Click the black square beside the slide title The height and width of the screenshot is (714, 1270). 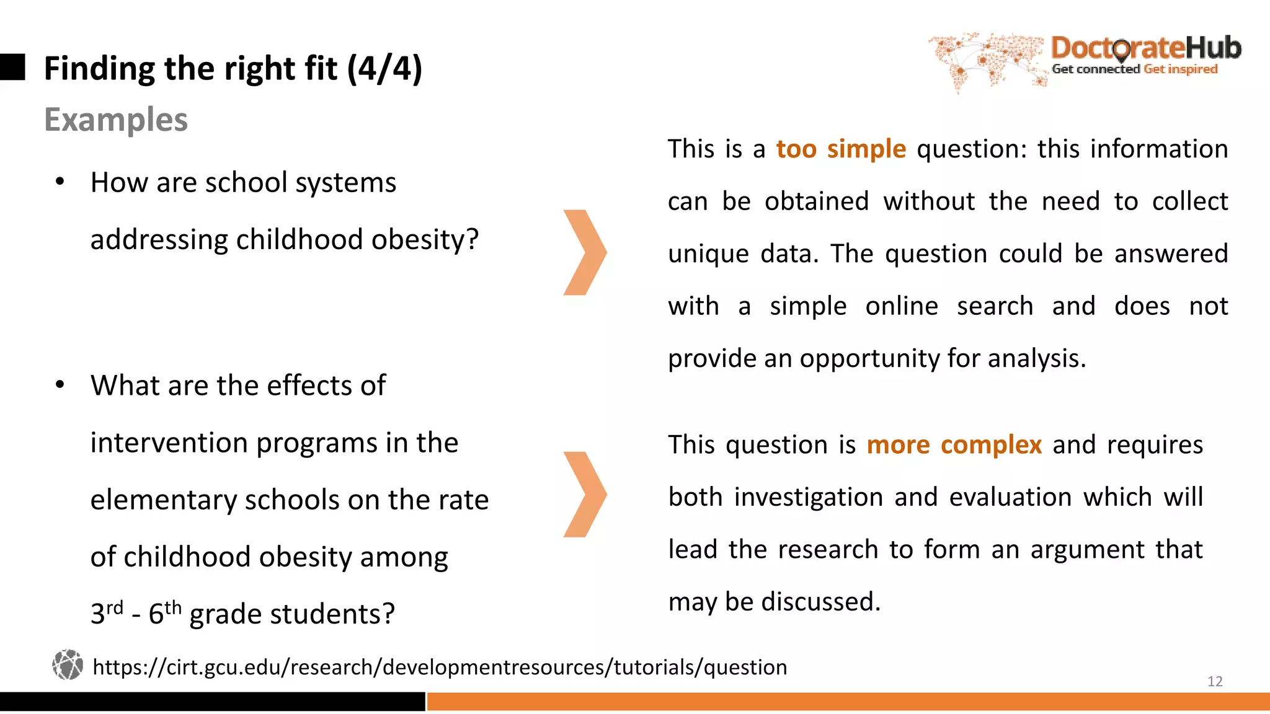12,67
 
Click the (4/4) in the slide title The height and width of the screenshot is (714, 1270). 384,68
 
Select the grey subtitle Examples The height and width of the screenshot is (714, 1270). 116,120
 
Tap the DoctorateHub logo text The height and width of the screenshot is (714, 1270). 1145,48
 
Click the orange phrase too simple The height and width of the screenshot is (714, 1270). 841,149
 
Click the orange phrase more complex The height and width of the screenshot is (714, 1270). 954,445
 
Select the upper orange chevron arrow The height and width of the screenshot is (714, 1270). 584,252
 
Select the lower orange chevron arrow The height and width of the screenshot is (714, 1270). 584,494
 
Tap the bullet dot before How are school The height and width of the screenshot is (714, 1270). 60,182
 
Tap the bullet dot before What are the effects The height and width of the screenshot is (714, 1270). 60,385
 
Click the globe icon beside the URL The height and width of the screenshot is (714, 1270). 68,665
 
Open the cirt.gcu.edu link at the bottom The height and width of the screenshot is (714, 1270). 439,668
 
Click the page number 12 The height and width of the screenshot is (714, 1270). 1214,681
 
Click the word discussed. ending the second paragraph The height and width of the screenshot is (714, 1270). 820,602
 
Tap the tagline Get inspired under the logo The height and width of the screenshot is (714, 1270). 1180,69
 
